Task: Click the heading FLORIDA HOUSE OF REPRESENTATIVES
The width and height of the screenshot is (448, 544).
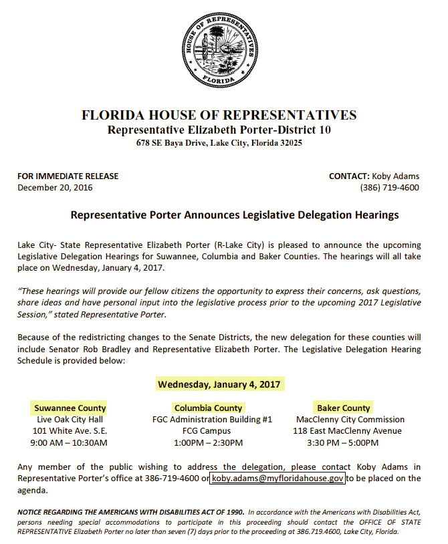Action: pyautogui.click(x=219, y=115)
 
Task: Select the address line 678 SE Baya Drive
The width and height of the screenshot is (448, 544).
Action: pyautogui.click(x=219, y=143)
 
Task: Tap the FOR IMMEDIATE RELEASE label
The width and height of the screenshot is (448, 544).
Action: pyautogui.click(x=68, y=176)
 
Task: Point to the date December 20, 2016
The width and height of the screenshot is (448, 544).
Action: pyautogui.click(x=55, y=187)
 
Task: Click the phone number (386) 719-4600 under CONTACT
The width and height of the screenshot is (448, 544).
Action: pyautogui.click(x=389, y=187)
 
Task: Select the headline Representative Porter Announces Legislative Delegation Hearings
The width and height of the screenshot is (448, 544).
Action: pyautogui.click(x=235, y=215)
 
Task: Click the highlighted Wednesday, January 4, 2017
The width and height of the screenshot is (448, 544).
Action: pyautogui.click(x=220, y=384)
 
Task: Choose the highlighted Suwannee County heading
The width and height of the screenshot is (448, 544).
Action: pyautogui.click(x=70, y=408)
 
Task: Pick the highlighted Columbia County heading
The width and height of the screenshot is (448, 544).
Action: pyautogui.click(x=208, y=408)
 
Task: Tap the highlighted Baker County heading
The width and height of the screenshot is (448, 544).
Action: pyautogui.click(x=343, y=408)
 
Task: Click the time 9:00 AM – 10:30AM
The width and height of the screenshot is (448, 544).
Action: pyautogui.click(x=69, y=442)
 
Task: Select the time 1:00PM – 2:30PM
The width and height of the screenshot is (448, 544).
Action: pyautogui.click(x=208, y=442)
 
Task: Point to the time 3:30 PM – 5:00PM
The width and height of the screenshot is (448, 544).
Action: pyautogui.click(x=342, y=442)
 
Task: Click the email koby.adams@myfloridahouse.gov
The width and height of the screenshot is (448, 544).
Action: pyautogui.click(x=278, y=479)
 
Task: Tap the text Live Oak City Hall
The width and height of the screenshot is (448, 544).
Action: pyautogui.click(x=70, y=419)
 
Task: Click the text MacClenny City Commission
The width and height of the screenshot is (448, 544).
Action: pyautogui.click(x=350, y=419)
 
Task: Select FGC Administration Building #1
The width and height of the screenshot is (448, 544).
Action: pyautogui.click(x=212, y=419)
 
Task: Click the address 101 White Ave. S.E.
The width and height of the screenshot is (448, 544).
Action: pyautogui.click(x=70, y=430)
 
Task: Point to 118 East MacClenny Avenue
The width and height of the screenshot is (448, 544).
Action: pyautogui.click(x=347, y=430)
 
